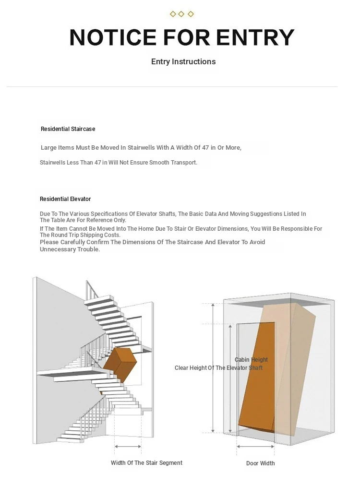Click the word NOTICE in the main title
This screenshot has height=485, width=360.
[113, 37]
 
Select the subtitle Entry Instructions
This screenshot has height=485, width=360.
[183, 61]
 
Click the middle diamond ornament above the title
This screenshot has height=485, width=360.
[181, 14]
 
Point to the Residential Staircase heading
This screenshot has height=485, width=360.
[68, 129]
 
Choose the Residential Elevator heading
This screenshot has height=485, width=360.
[65, 199]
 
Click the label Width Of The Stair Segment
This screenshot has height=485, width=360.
[146, 463]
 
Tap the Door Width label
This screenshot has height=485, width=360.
[260, 463]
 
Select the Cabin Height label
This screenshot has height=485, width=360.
[251, 360]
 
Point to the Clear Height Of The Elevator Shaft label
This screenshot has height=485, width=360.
[218, 368]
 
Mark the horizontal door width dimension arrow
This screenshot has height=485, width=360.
[256, 447]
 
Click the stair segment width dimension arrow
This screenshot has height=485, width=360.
[128, 447]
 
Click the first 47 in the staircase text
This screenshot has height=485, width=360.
[205, 148]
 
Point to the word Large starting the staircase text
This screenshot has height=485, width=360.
[49, 148]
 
